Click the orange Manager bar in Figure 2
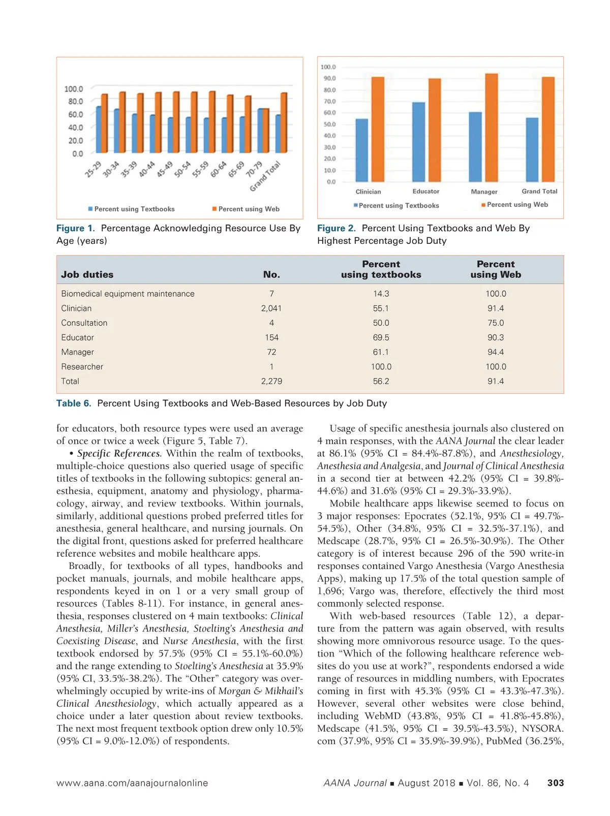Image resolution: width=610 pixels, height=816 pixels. (491, 127)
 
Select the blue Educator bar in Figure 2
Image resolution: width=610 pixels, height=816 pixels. (418, 142)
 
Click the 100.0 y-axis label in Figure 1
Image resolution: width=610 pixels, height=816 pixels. (73, 89)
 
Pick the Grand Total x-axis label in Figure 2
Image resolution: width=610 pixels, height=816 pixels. (539, 191)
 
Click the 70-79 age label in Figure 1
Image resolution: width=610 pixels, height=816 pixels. (254, 169)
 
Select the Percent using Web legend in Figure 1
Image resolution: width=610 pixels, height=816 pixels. (246, 209)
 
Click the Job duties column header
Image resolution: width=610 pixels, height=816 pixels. (87, 274)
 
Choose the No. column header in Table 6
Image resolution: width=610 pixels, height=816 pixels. (271, 274)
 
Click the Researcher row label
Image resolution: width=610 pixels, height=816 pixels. (82, 366)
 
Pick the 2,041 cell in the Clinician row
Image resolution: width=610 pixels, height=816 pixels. (271, 308)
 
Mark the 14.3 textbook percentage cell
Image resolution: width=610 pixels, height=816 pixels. (381, 294)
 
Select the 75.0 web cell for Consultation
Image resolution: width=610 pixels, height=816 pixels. (496, 323)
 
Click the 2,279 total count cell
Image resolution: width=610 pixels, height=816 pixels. (271, 381)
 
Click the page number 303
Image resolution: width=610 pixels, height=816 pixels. (555, 783)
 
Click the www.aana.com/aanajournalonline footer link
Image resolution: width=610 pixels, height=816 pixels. (132, 783)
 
